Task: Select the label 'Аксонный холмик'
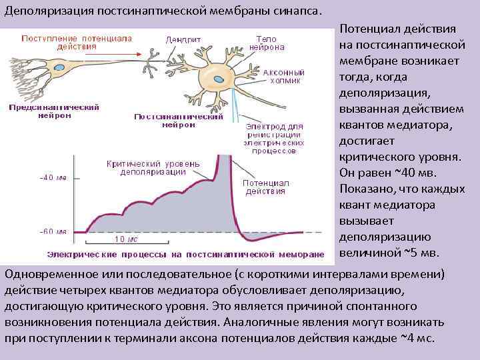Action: click(x=284, y=76)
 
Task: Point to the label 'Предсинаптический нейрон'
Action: click(x=55, y=111)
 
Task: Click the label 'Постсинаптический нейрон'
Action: click(x=179, y=120)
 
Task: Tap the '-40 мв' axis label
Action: click(x=53, y=178)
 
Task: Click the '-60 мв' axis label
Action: click(x=53, y=231)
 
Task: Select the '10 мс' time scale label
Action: click(x=127, y=239)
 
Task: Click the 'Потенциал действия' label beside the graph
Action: click(x=265, y=187)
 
